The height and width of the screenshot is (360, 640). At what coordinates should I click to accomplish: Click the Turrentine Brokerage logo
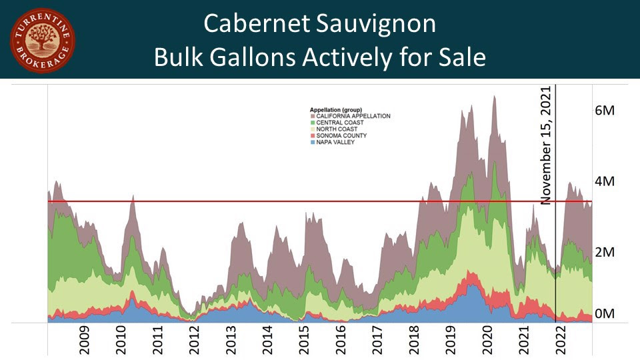[x=43, y=41]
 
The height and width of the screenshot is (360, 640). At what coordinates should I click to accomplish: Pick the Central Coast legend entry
[x=337, y=122]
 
